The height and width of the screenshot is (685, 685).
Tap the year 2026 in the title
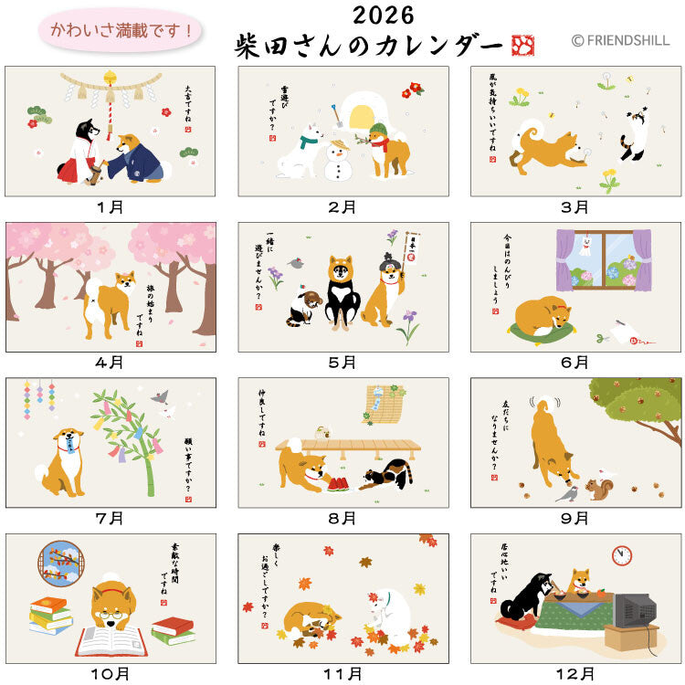[x=382, y=16]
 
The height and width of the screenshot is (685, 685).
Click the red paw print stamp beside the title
[x=523, y=46]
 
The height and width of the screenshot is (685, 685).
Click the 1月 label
[x=110, y=207]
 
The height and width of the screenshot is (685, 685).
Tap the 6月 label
[x=574, y=363]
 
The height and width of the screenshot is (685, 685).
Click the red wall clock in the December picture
[x=622, y=555]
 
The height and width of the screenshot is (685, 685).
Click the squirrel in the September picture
[x=598, y=490]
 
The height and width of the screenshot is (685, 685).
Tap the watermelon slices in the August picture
[x=338, y=483]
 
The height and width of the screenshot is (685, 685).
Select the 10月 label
[x=110, y=674]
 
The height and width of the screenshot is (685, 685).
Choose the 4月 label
[x=110, y=363]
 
